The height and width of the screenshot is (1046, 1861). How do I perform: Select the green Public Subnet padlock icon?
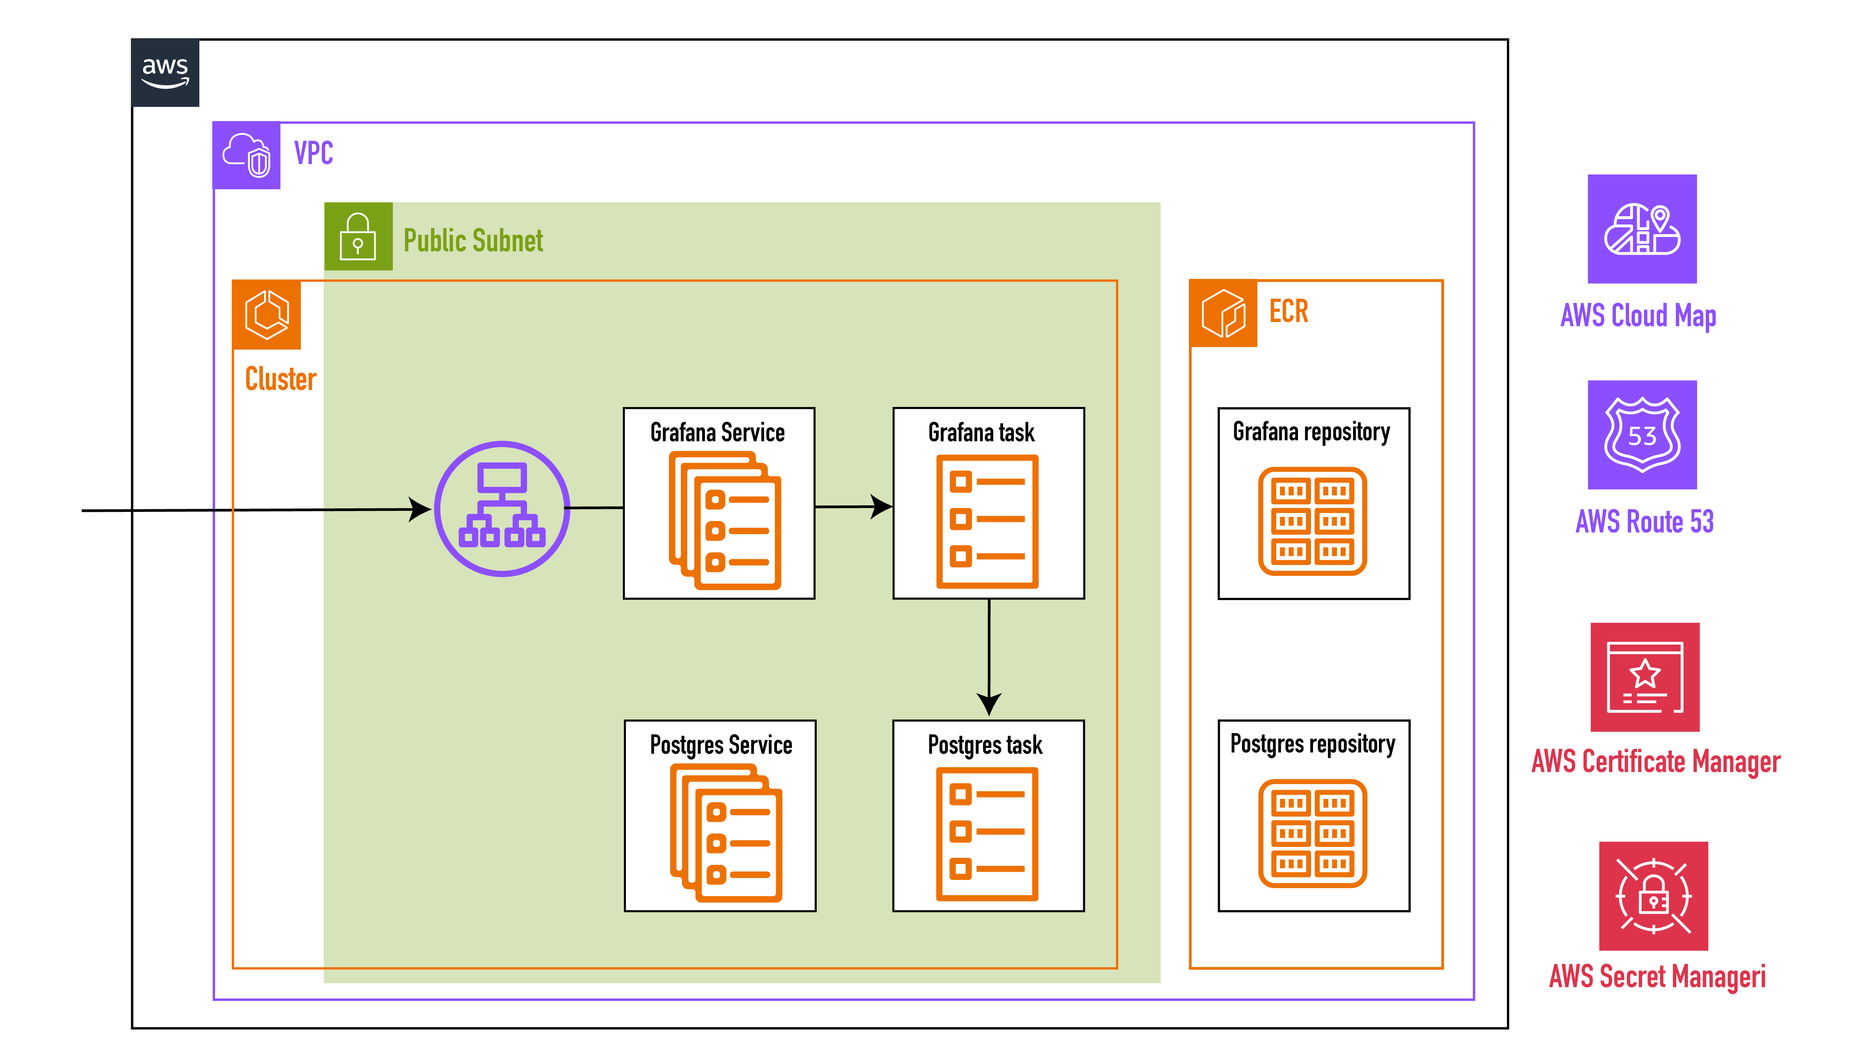click(x=358, y=236)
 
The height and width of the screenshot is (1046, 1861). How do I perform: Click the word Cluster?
click(x=280, y=379)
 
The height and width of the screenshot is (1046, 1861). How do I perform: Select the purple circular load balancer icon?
click(x=502, y=509)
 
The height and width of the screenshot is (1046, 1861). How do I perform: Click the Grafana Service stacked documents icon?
click(x=725, y=520)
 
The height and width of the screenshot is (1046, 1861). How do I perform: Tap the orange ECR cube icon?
click(x=1223, y=313)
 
